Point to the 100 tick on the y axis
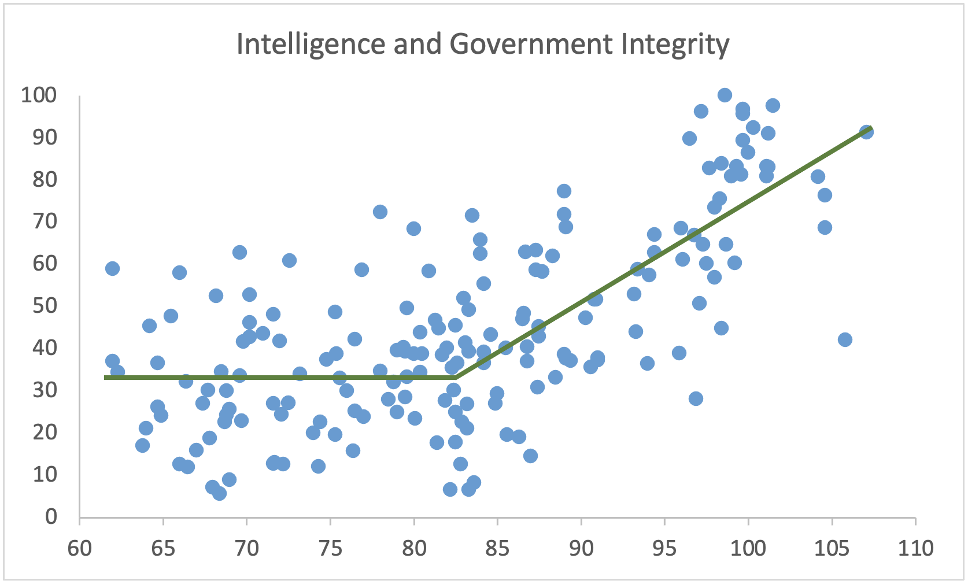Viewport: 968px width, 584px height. tap(39, 95)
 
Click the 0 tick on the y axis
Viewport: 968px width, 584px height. tap(51, 516)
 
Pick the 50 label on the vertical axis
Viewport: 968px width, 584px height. tap(45, 305)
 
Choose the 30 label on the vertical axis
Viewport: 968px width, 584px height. tap(45, 390)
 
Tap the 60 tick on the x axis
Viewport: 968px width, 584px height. tap(80, 548)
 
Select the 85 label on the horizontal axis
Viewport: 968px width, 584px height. tap(498, 548)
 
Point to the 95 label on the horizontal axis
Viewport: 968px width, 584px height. tap(665, 548)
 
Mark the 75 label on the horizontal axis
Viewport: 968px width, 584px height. tap(331, 548)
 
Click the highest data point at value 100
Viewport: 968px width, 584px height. tap(725, 95)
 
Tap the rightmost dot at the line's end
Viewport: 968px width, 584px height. tap(866, 132)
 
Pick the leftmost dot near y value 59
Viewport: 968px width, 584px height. tap(112, 268)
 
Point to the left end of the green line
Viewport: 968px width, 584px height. tap(106, 378)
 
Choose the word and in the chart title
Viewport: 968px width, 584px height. tap(417, 45)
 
